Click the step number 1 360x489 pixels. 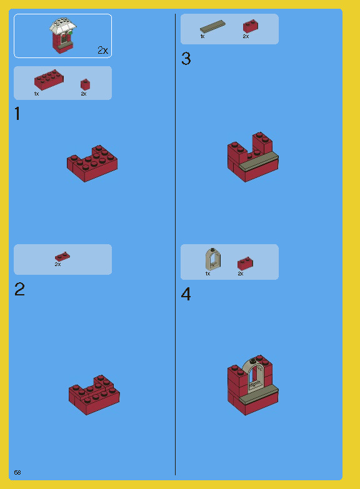click(x=17, y=114)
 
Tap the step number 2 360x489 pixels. click(x=20, y=290)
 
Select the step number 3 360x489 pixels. click(x=186, y=59)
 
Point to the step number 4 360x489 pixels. click(x=186, y=294)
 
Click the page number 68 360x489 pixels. click(x=17, y=472)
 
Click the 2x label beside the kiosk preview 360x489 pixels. click(x=102, y=50)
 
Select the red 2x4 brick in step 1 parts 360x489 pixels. click(x=47, y=80)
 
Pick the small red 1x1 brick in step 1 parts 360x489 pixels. click(x=84, y=84)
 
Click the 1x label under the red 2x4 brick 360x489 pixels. click(x=36, y=94)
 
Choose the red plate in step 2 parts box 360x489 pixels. click(x=62, y=256)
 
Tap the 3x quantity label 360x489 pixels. click(x=57, y=264)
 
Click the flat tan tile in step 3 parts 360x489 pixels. click(x=212, y=27)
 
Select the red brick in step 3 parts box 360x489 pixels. click(x=250, y=26)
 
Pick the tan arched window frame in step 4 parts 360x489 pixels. click(x=212, y=259)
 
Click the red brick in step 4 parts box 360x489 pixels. click(x=244, y=264)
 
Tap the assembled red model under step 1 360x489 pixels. click(x=92, y=164)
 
